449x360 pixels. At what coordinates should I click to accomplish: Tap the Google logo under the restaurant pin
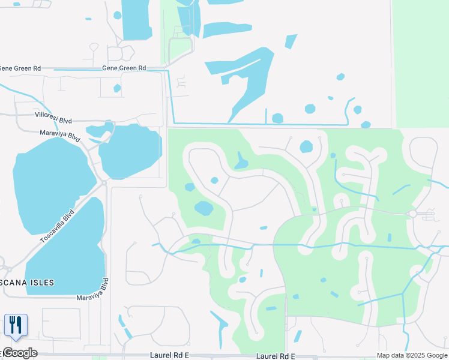19,353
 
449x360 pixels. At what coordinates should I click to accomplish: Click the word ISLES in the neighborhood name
41,283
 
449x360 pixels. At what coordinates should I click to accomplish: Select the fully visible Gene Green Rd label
124,68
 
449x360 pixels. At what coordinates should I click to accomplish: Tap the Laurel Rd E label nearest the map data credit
276,356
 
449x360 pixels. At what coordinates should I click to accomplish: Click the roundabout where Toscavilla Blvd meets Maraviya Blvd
104,182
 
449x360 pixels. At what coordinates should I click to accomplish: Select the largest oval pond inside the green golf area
204,209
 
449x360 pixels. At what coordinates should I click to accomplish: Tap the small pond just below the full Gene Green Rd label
117,88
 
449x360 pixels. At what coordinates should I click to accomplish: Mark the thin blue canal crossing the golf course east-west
336,245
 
